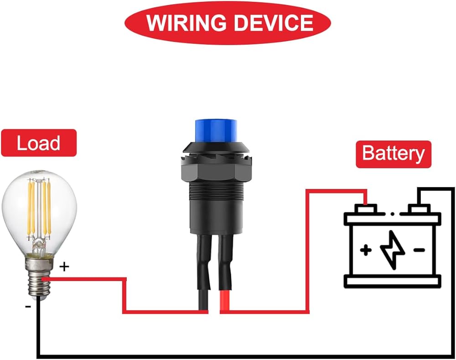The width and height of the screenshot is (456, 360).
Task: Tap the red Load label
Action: (x=39, y=143)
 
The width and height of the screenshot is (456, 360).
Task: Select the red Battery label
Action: (x=393, y=154)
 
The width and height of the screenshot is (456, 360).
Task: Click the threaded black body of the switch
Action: (x=214, y=201)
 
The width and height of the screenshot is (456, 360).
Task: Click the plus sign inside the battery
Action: (x=365, y=250)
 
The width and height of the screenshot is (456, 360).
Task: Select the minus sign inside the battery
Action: (x=420, y=250)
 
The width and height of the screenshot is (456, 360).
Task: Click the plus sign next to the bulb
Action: (x=65, y=266)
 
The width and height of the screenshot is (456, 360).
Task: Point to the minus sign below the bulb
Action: (x=28, y=307)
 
